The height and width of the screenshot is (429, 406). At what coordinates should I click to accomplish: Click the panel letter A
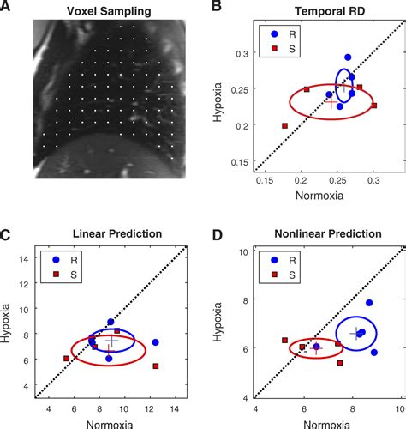7,8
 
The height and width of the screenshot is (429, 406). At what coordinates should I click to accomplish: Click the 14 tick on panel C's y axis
25,258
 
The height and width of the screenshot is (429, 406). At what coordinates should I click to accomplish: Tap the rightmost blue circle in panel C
156,342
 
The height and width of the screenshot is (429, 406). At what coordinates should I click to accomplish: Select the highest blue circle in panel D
369,303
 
